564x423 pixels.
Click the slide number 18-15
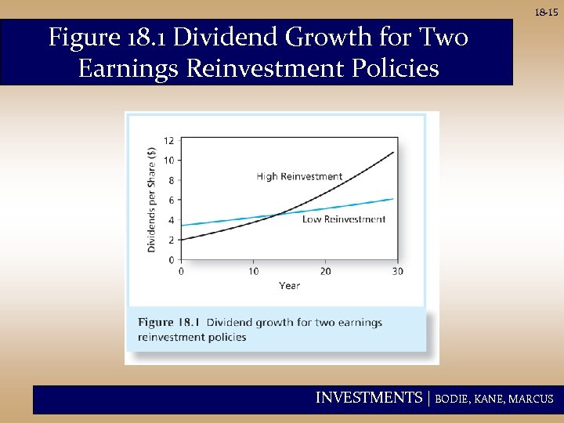tap(547, 13)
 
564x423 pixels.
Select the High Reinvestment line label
tap(299, 176)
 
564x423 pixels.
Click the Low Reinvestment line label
tap(344, 219)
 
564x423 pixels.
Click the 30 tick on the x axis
tap(397, 271)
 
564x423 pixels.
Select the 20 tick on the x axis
tap(325, 271)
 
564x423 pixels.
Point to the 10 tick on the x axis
tap(253, 271)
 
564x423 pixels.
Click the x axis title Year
tap(289, 286)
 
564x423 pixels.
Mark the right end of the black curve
tap(394, 152)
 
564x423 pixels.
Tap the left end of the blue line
tap(183, 226)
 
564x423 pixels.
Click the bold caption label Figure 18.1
tap(169, 323)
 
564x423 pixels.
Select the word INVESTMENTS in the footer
tap(368, 398)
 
